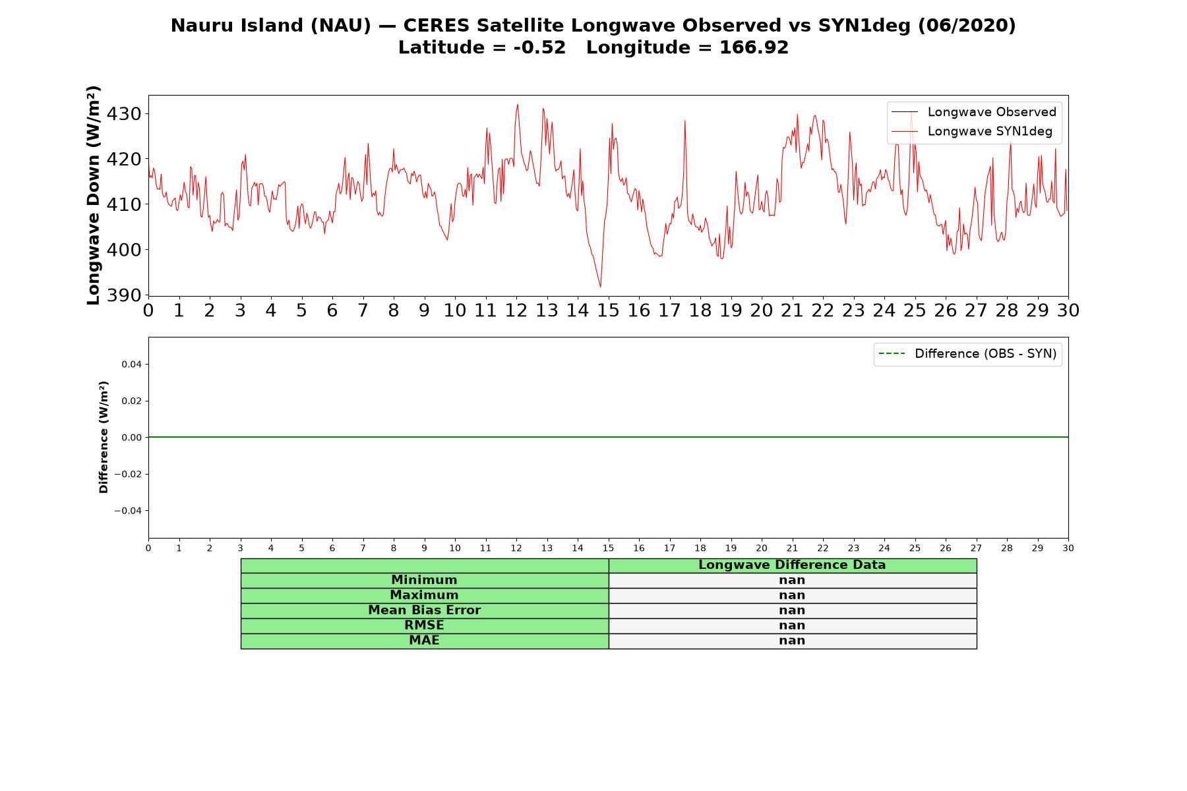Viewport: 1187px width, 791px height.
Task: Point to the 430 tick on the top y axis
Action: [x=124, y=114]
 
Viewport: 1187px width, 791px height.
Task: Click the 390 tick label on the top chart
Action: [x=124, y=295]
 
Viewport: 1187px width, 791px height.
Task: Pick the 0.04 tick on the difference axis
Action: [x=131, y=365]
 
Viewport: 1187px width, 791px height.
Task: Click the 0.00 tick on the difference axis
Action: [x=131, y=438]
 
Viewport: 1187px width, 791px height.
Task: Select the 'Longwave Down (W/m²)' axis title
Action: [x=93, y=195]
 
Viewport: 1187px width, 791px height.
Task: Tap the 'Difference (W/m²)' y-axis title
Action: [x=104, y=437]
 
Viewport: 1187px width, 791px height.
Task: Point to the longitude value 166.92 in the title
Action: [x=754, y=47]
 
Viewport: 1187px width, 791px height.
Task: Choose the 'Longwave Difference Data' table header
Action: [x=792, y=565]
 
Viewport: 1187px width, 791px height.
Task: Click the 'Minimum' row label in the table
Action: [x=424, y=580]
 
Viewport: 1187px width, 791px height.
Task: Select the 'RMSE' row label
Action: [x=424, y=626]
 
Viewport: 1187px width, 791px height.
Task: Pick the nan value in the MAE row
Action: [x=792, y=641]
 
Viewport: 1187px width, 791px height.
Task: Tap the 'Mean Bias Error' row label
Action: [x=424, y=610]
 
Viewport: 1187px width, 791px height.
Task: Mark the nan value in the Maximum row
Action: [x=792, y=595]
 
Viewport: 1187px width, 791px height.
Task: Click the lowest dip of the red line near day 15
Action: [x=601, y=287]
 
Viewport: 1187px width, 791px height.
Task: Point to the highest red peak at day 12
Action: [x=518, y=104]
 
